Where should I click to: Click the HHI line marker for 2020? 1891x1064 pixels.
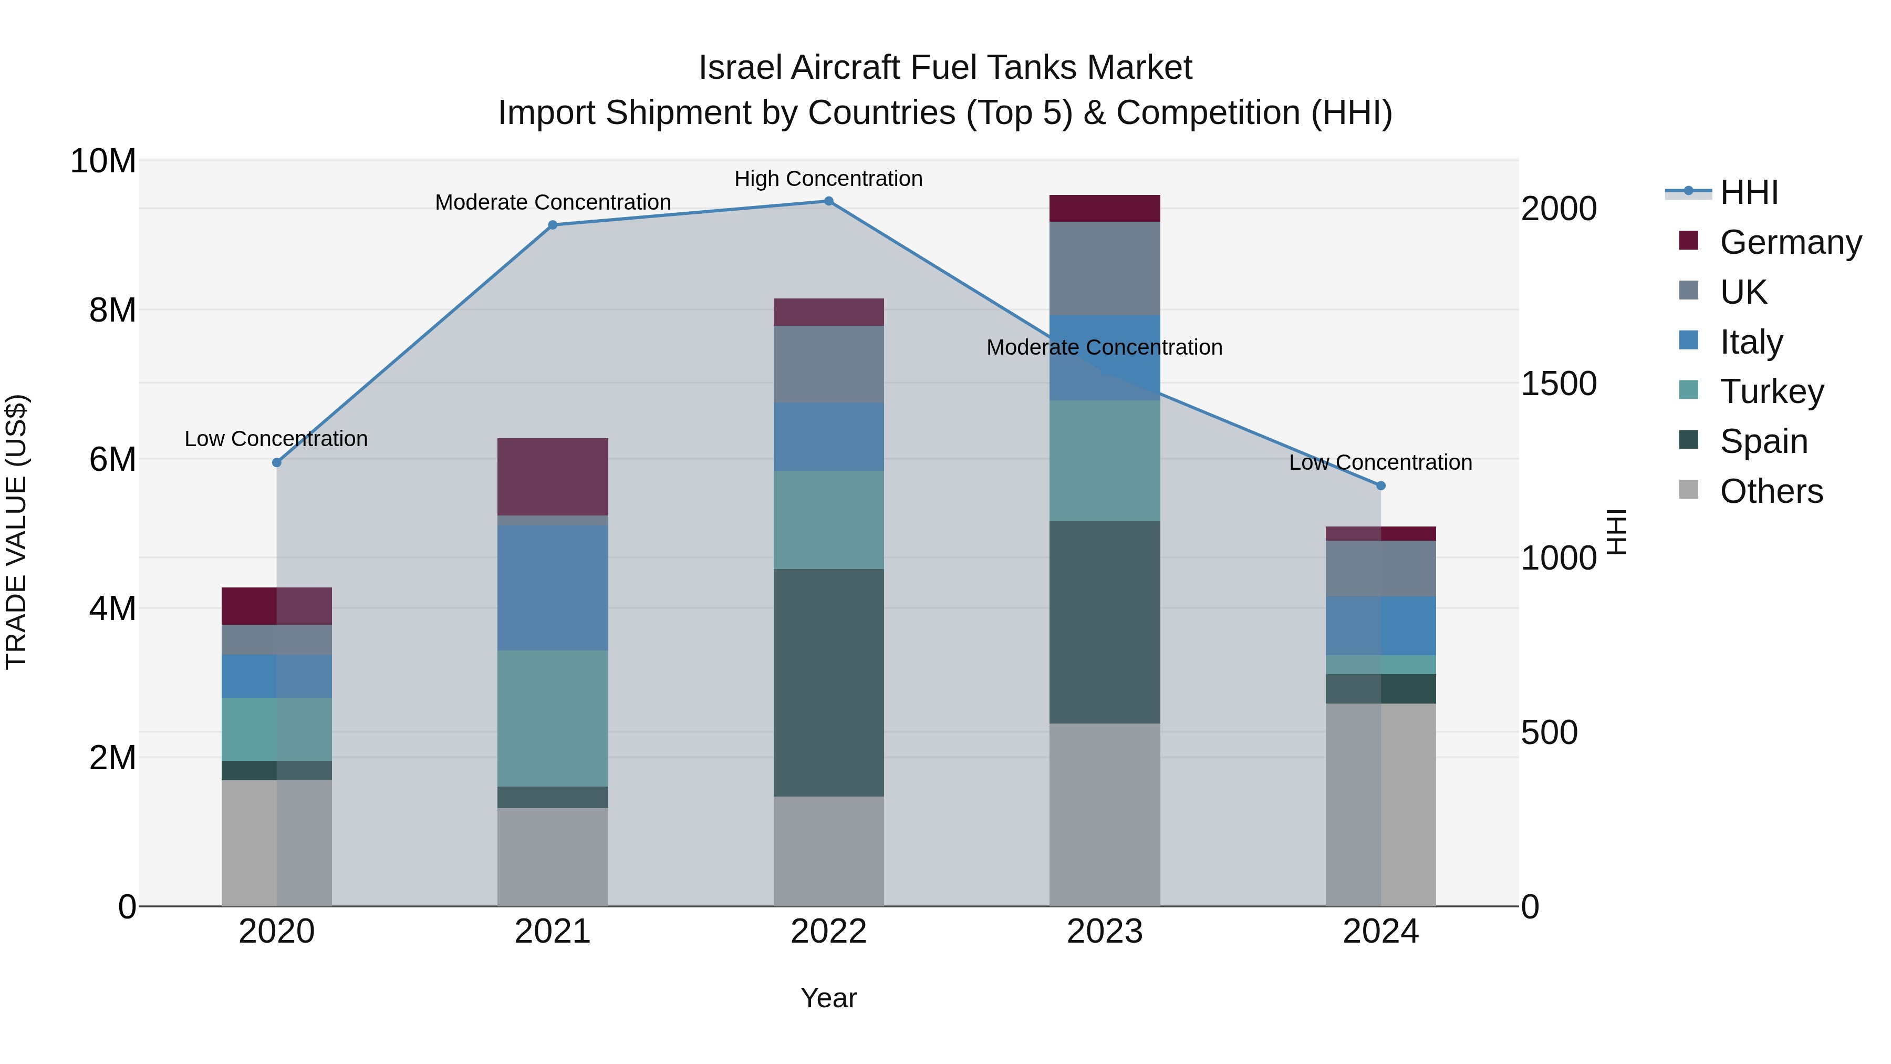277,462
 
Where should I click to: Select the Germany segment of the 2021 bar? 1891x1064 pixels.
552,477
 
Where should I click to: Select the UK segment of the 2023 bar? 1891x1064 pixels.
1104,268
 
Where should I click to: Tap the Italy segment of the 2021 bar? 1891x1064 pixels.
552,587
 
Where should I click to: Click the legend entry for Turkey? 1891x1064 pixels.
1771,391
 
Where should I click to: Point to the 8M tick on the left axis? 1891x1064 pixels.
112,310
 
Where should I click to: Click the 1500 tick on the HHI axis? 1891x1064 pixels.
1558,384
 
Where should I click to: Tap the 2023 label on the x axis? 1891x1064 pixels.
1104,932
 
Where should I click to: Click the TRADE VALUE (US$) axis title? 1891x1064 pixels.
16,532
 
